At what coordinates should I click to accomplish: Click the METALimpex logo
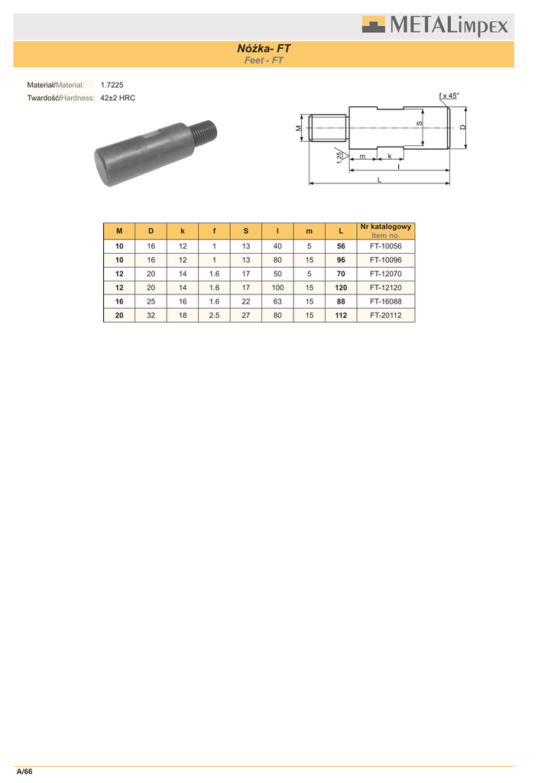435,25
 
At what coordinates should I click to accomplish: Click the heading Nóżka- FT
264,48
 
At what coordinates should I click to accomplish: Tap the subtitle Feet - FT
264,60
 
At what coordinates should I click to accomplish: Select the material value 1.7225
112,85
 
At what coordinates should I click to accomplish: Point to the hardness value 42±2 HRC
118,98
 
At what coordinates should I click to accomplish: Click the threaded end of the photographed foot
204,132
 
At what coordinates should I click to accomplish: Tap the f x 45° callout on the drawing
449,96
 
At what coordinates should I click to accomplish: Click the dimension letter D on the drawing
462,128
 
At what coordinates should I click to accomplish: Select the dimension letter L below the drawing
379,180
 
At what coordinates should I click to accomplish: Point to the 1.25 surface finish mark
340,156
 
